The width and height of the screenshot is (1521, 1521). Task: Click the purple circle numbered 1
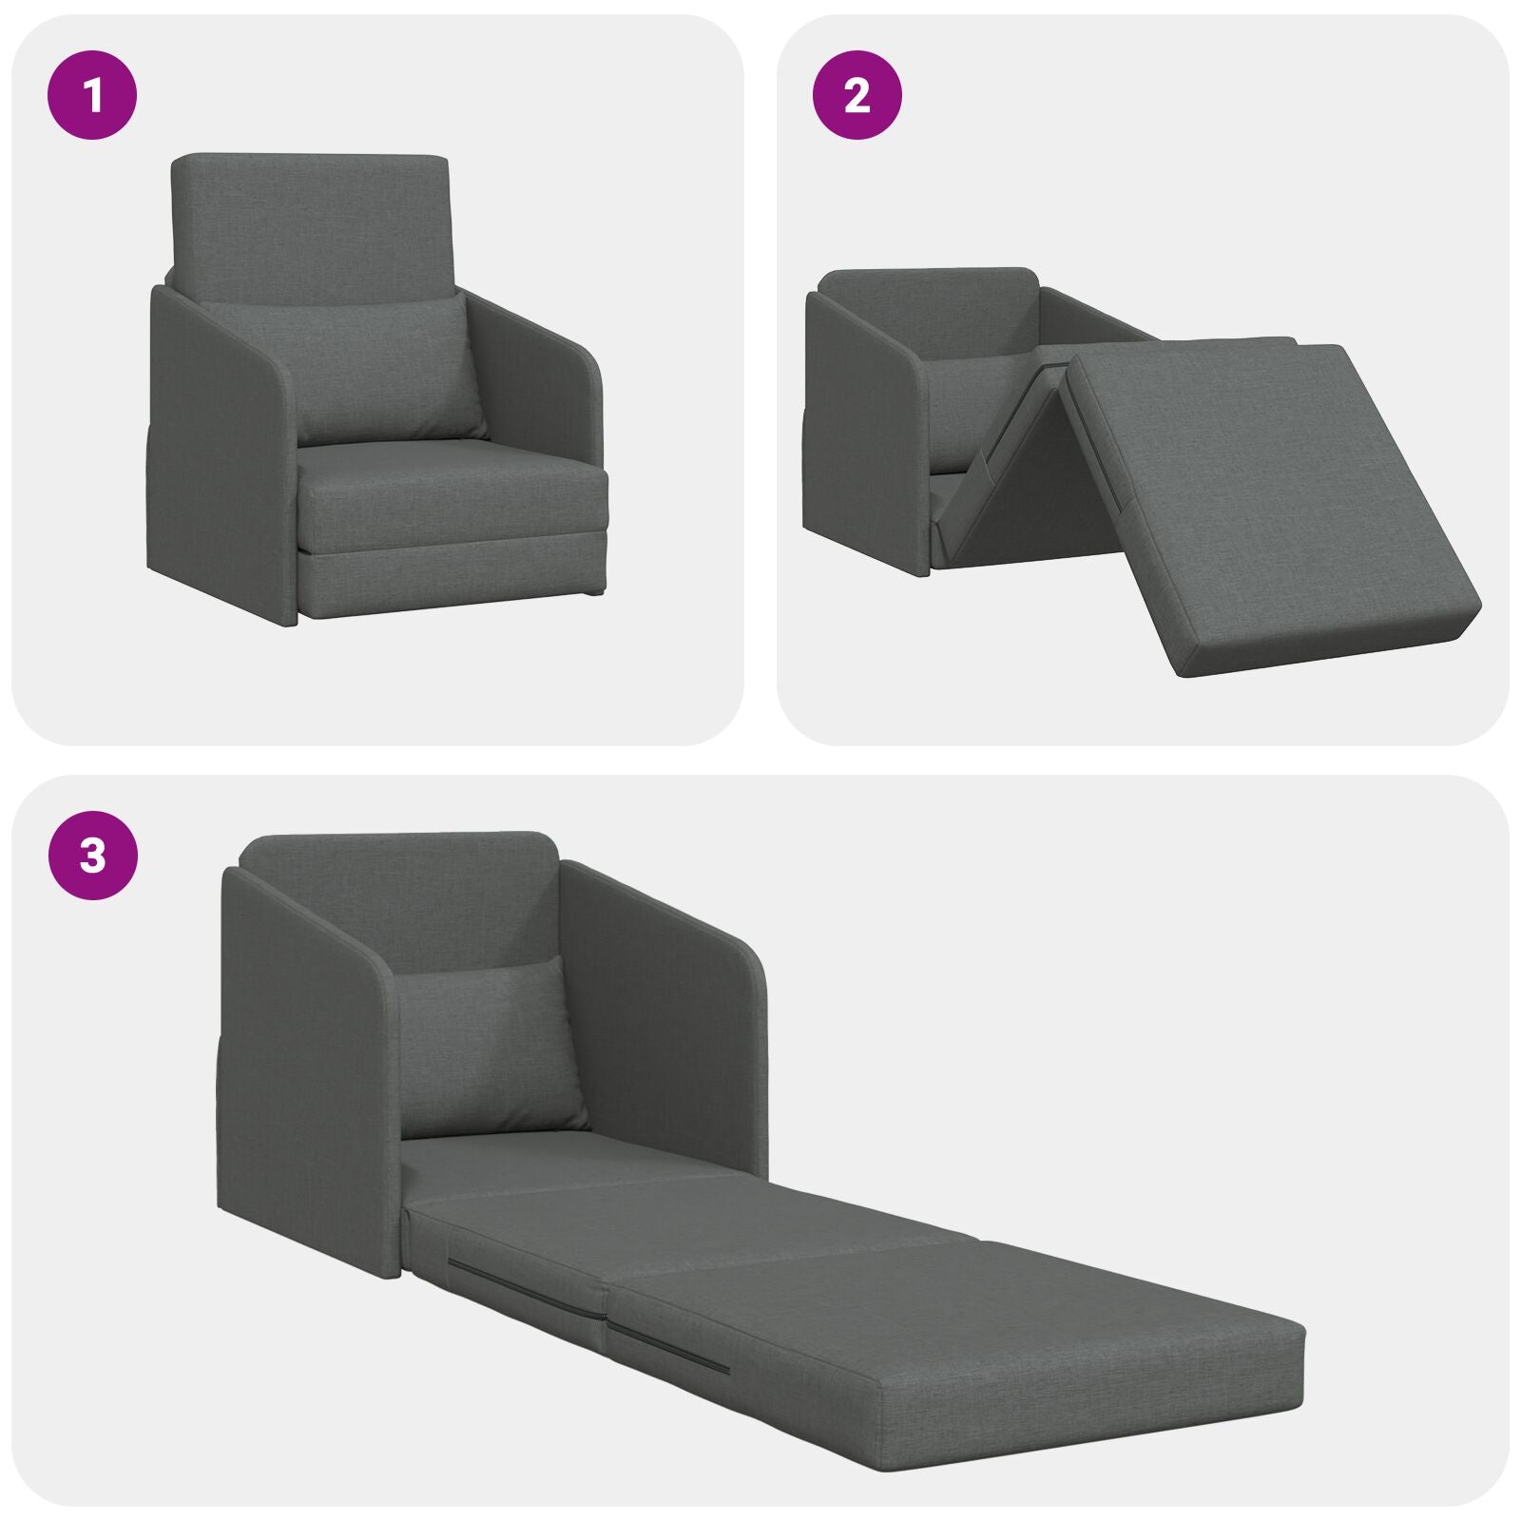[x=92, y=96]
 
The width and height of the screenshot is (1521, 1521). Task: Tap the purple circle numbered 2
[x=857, y=96]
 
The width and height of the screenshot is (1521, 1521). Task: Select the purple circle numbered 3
[x=92, y=856]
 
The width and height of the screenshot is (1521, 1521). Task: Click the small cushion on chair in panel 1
[x=385, y=371]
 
